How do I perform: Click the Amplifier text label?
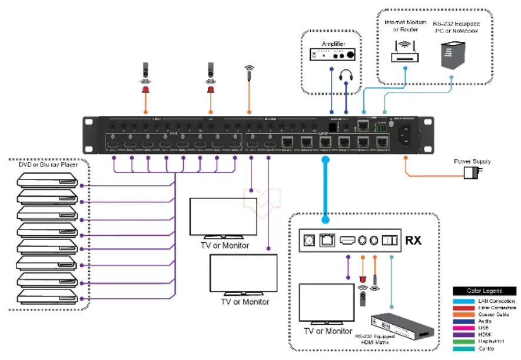tap(333, 44)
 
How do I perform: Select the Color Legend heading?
tap(485, 291)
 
